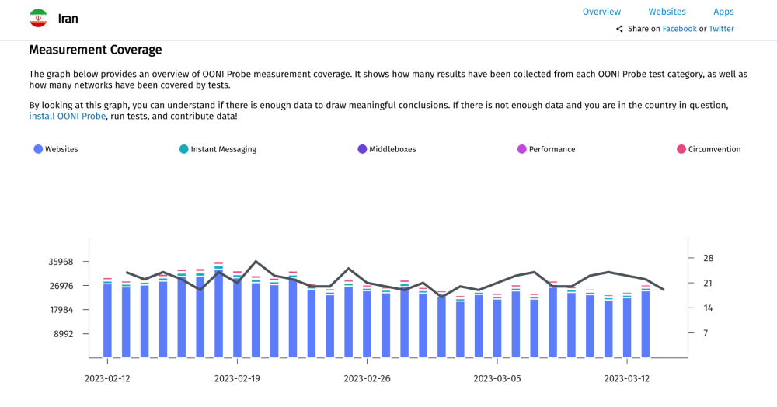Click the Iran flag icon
coord(38,19)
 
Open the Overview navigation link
coord(601,12)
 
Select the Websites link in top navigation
coord(667,12)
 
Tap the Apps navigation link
coord(723,12)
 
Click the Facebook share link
coord(679,29)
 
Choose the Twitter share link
coord(721,29)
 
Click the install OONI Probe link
coord(68,116)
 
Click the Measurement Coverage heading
coord(96,50)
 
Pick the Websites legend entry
coord(56,149)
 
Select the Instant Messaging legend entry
coord(218,149)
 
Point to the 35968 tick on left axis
coord(61,262)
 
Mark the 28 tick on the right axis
coord(708,258)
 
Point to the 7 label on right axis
coord(706,333)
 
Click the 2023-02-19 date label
coord(237,379)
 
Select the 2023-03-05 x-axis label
coord(497,379)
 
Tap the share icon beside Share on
coord(620,30)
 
